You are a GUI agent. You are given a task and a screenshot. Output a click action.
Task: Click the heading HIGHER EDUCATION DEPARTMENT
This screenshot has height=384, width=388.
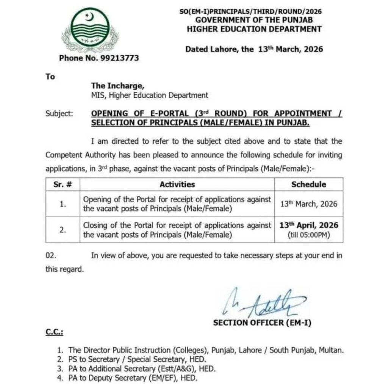point(254,29)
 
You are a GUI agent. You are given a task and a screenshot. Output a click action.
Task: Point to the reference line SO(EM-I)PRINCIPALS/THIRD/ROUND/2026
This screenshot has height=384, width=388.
point(250,12)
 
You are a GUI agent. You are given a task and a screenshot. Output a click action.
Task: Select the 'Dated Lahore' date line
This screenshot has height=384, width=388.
point(254,49)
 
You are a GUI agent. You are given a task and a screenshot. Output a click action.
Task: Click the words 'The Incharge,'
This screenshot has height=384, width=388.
point(117,86)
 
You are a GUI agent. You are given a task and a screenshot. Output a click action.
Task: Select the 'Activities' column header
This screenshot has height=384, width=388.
point(177,185)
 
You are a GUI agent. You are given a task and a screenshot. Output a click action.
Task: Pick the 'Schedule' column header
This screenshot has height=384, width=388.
point(308,185)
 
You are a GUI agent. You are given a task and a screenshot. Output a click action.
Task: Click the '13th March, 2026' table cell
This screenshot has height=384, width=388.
point(308,204)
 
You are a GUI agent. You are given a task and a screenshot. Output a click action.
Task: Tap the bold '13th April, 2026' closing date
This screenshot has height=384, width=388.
point(308,225)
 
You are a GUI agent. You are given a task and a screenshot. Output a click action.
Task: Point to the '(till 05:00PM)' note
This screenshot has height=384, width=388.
point(308,235)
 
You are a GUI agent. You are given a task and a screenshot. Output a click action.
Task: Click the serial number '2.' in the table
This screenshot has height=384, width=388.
point(63,230)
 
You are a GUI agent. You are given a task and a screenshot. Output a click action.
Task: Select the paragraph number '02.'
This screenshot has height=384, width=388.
point(51,256)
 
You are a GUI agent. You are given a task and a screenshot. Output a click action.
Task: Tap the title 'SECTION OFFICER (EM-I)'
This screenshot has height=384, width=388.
point(262,323)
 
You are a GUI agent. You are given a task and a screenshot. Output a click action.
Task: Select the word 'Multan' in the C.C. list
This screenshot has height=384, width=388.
point(332,350)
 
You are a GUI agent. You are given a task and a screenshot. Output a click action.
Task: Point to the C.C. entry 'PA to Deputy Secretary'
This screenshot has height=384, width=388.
point(110,378)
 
